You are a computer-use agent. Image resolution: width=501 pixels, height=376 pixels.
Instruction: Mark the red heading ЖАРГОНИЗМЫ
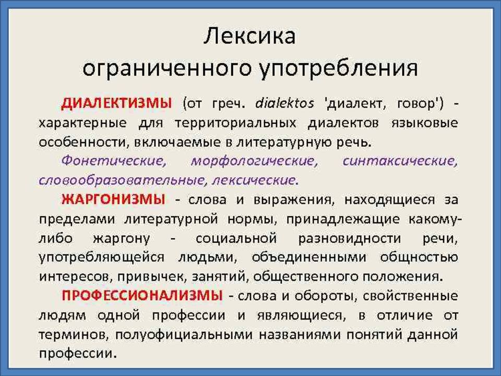113,199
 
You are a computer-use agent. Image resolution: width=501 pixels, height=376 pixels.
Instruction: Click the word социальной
235,238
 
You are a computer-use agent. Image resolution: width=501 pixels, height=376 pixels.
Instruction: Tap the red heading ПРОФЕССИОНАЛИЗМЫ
140,296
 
